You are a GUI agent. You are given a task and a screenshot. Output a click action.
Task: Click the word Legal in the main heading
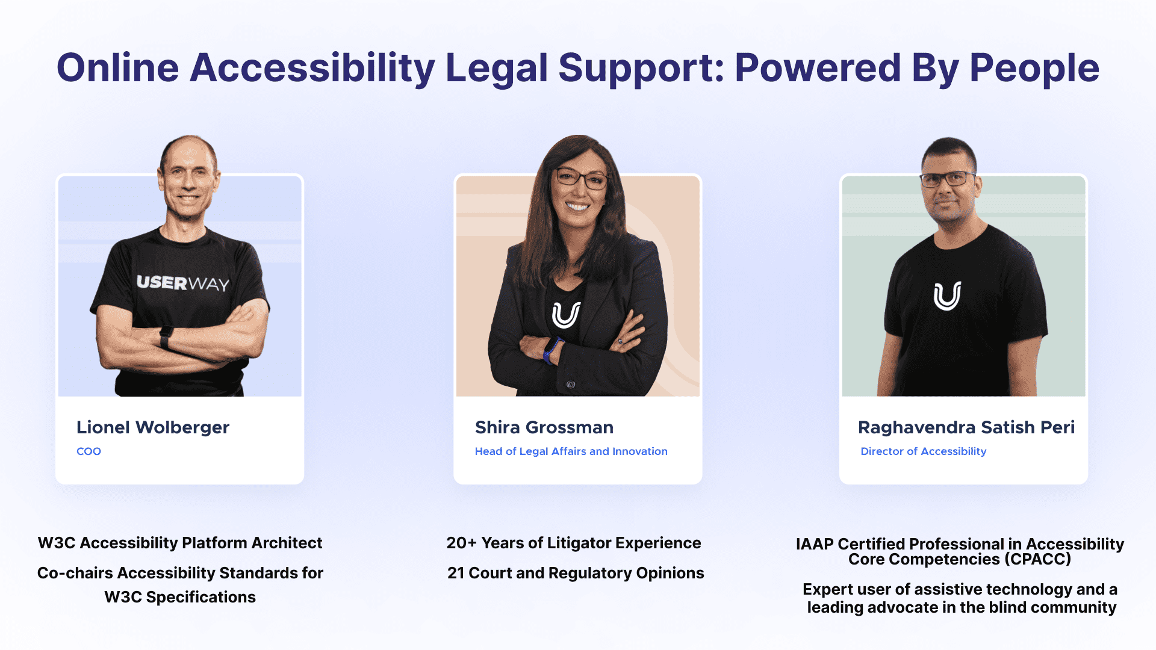[x=496, y=69]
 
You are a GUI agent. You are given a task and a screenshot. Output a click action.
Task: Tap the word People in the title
[x=1034, y=69]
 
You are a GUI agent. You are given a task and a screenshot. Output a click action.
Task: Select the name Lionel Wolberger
[x=153, y=427]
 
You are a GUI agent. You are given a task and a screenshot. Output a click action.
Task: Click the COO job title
[x=89, y=451]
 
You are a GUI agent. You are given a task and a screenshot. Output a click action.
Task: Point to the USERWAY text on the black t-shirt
[x=183, y=283]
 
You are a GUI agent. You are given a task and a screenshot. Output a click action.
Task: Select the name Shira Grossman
[x=544, y=427]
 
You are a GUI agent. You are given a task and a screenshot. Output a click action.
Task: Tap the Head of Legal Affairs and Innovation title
[x=571, y=451]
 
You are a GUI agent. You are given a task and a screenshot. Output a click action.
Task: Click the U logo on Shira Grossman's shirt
[x=567, y=315]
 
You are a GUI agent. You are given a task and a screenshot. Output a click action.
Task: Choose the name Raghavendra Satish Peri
[x=966, y=427]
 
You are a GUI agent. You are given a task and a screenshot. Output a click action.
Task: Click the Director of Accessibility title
[x=924, y=451]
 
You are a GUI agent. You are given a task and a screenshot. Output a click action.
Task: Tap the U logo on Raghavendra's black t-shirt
[x=948, y=296]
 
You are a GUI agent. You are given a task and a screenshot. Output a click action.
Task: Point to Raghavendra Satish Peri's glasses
[x=948, y=179]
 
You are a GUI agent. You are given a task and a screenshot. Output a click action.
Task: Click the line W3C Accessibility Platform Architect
[x=180, y=543]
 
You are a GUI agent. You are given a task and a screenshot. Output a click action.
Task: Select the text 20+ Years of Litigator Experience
[x=574, y=543]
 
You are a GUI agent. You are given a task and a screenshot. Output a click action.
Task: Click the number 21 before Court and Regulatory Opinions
[x=456, y=573]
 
